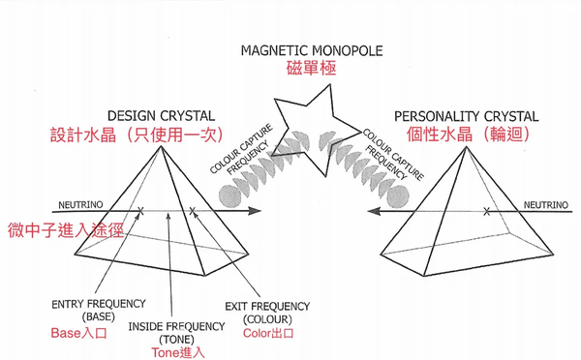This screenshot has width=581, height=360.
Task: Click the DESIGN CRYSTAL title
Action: (163, 113)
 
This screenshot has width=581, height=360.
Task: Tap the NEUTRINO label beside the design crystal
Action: (76, 205)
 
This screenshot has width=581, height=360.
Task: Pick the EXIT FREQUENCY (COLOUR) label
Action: (264, 310)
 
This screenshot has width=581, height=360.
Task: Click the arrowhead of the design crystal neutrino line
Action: (257, 210)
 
